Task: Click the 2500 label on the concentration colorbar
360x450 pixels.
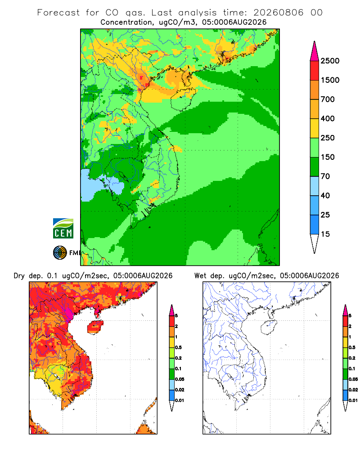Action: (330, 61)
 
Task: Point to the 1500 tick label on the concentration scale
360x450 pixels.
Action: (330, 80)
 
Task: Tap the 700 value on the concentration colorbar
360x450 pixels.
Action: (328, 99)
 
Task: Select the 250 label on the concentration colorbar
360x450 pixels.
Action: (328, 138)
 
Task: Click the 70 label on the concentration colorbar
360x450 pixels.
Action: (325, 176)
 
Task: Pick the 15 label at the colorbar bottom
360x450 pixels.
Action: (325, 234)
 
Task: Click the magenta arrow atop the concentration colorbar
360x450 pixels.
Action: (315, 52)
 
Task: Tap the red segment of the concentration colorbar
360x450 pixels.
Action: (315, 71)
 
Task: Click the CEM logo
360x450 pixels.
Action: (63, 228)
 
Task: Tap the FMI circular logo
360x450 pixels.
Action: (60, 253)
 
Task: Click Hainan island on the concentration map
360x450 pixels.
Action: (183, 99)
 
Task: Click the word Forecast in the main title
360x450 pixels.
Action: (58, 13)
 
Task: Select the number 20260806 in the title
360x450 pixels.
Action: (278, 13)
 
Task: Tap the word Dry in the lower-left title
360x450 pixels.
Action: (19, 276)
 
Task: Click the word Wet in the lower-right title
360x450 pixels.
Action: (200, 276)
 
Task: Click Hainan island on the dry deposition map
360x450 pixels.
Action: (95, 327)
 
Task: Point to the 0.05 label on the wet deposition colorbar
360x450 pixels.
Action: (353, 379)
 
